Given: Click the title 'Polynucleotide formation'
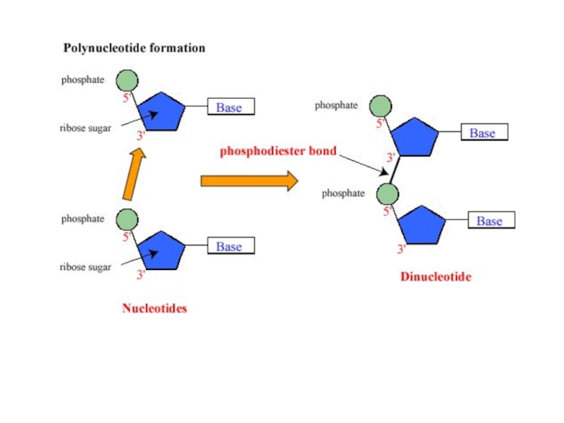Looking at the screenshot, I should click(x=134, y=49).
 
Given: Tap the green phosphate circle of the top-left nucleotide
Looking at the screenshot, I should click(x=127, y=80).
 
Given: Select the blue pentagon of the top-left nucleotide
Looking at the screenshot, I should click(x=161, y=112).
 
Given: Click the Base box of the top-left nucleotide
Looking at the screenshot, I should click(x=229, y=107).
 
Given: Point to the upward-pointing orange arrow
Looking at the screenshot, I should click(x=132, y=173).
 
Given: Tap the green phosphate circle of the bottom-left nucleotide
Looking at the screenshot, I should click(x=127, y=219).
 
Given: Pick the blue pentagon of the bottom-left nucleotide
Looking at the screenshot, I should click(x=161, y=251).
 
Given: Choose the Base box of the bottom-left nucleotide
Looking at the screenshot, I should click(x=229, y=247).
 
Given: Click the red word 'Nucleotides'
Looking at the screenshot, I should click(x=154, y=308).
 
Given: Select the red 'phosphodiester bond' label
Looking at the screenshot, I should click(x=278, y=151).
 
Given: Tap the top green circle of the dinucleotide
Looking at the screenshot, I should click(x=381, y=106).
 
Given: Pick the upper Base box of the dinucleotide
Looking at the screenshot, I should click(x=484, y=133).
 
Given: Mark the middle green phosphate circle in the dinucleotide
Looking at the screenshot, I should click(x=387, y=193).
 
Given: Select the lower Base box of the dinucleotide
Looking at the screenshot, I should click(x=490, y=221).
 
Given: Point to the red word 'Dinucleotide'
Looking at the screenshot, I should click(x=436, y=277).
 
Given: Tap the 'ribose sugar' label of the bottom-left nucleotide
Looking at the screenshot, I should click(x=85, y=267).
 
